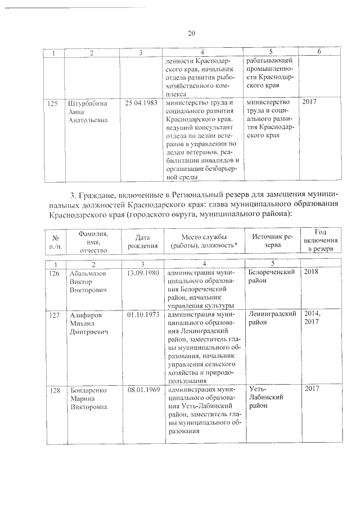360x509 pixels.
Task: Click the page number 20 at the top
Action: pyautogui.click(x=191, y=33)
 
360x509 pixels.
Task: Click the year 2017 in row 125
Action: pyautogui.click(x=310, y=102)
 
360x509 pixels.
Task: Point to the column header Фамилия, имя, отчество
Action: pyautogui.click(x=94, y=241)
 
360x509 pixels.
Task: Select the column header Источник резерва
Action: pyautogui.click(x=272, y=241)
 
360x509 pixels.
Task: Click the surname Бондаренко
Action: pyautogui.click(x=88, y=389)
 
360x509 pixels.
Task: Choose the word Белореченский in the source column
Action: pyautogui.click(x=272, y=272)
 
